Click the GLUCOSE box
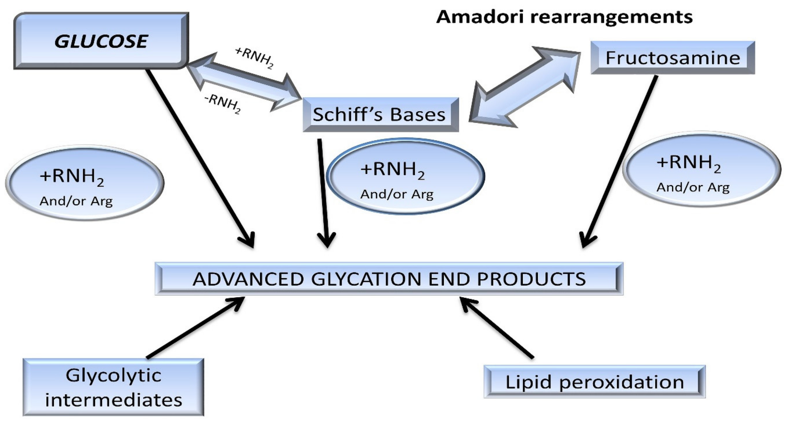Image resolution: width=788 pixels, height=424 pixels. [x=101, y=41]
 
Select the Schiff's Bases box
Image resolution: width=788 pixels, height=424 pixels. [x=380, y=114]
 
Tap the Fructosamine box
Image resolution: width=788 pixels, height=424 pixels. [x=672, y=57]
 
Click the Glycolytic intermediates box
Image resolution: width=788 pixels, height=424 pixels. [x=113, y=387]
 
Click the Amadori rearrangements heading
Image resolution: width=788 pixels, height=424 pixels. [x=564, y=17]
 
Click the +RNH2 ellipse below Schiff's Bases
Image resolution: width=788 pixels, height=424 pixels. [x=406, y=177]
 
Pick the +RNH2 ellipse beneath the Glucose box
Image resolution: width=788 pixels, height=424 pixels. [x=84, y=183]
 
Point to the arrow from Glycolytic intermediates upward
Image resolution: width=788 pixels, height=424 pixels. [x=196, y=327]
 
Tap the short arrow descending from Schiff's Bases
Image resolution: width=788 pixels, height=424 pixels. [x=323, y=193]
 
